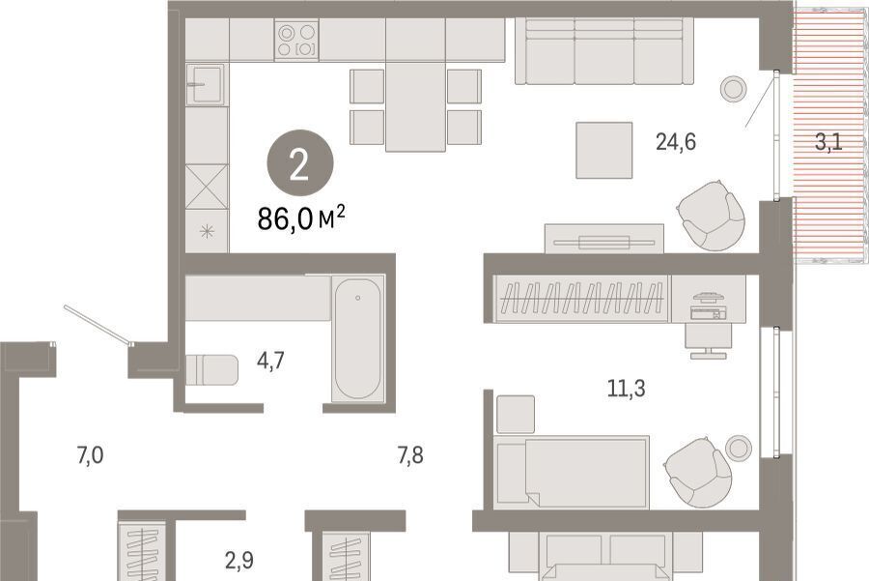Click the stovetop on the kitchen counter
(296, 40)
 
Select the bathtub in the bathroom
(358, 338)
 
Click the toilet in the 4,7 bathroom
(211, 370)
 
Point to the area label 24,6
(676, 142)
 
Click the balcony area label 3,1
(828, 142)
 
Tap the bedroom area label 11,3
(627, 389)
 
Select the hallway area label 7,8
(410, 455)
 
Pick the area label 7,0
(91, 455)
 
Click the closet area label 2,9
(239, 561)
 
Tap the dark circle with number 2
(300, 163)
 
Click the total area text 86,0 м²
(301, 218)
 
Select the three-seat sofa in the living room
(604, 51)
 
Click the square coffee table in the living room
(604, 151)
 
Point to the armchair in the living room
(711, 216)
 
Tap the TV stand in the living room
(604, 239)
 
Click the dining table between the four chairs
(415, 106)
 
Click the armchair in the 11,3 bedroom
(698, 473)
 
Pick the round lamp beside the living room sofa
(734, 89)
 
